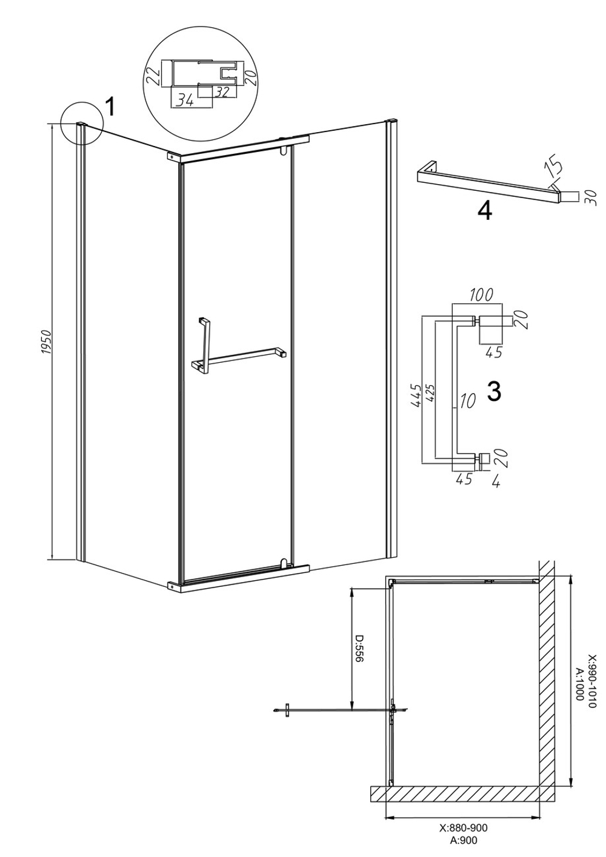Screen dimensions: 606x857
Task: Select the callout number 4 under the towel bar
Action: click(x=485, y=211)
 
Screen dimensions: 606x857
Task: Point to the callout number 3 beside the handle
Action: click(x=494, y=392)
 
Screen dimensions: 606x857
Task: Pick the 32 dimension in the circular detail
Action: click(x=222, y=92)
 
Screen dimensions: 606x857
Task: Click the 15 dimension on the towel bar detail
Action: click(x=557, y=166)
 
